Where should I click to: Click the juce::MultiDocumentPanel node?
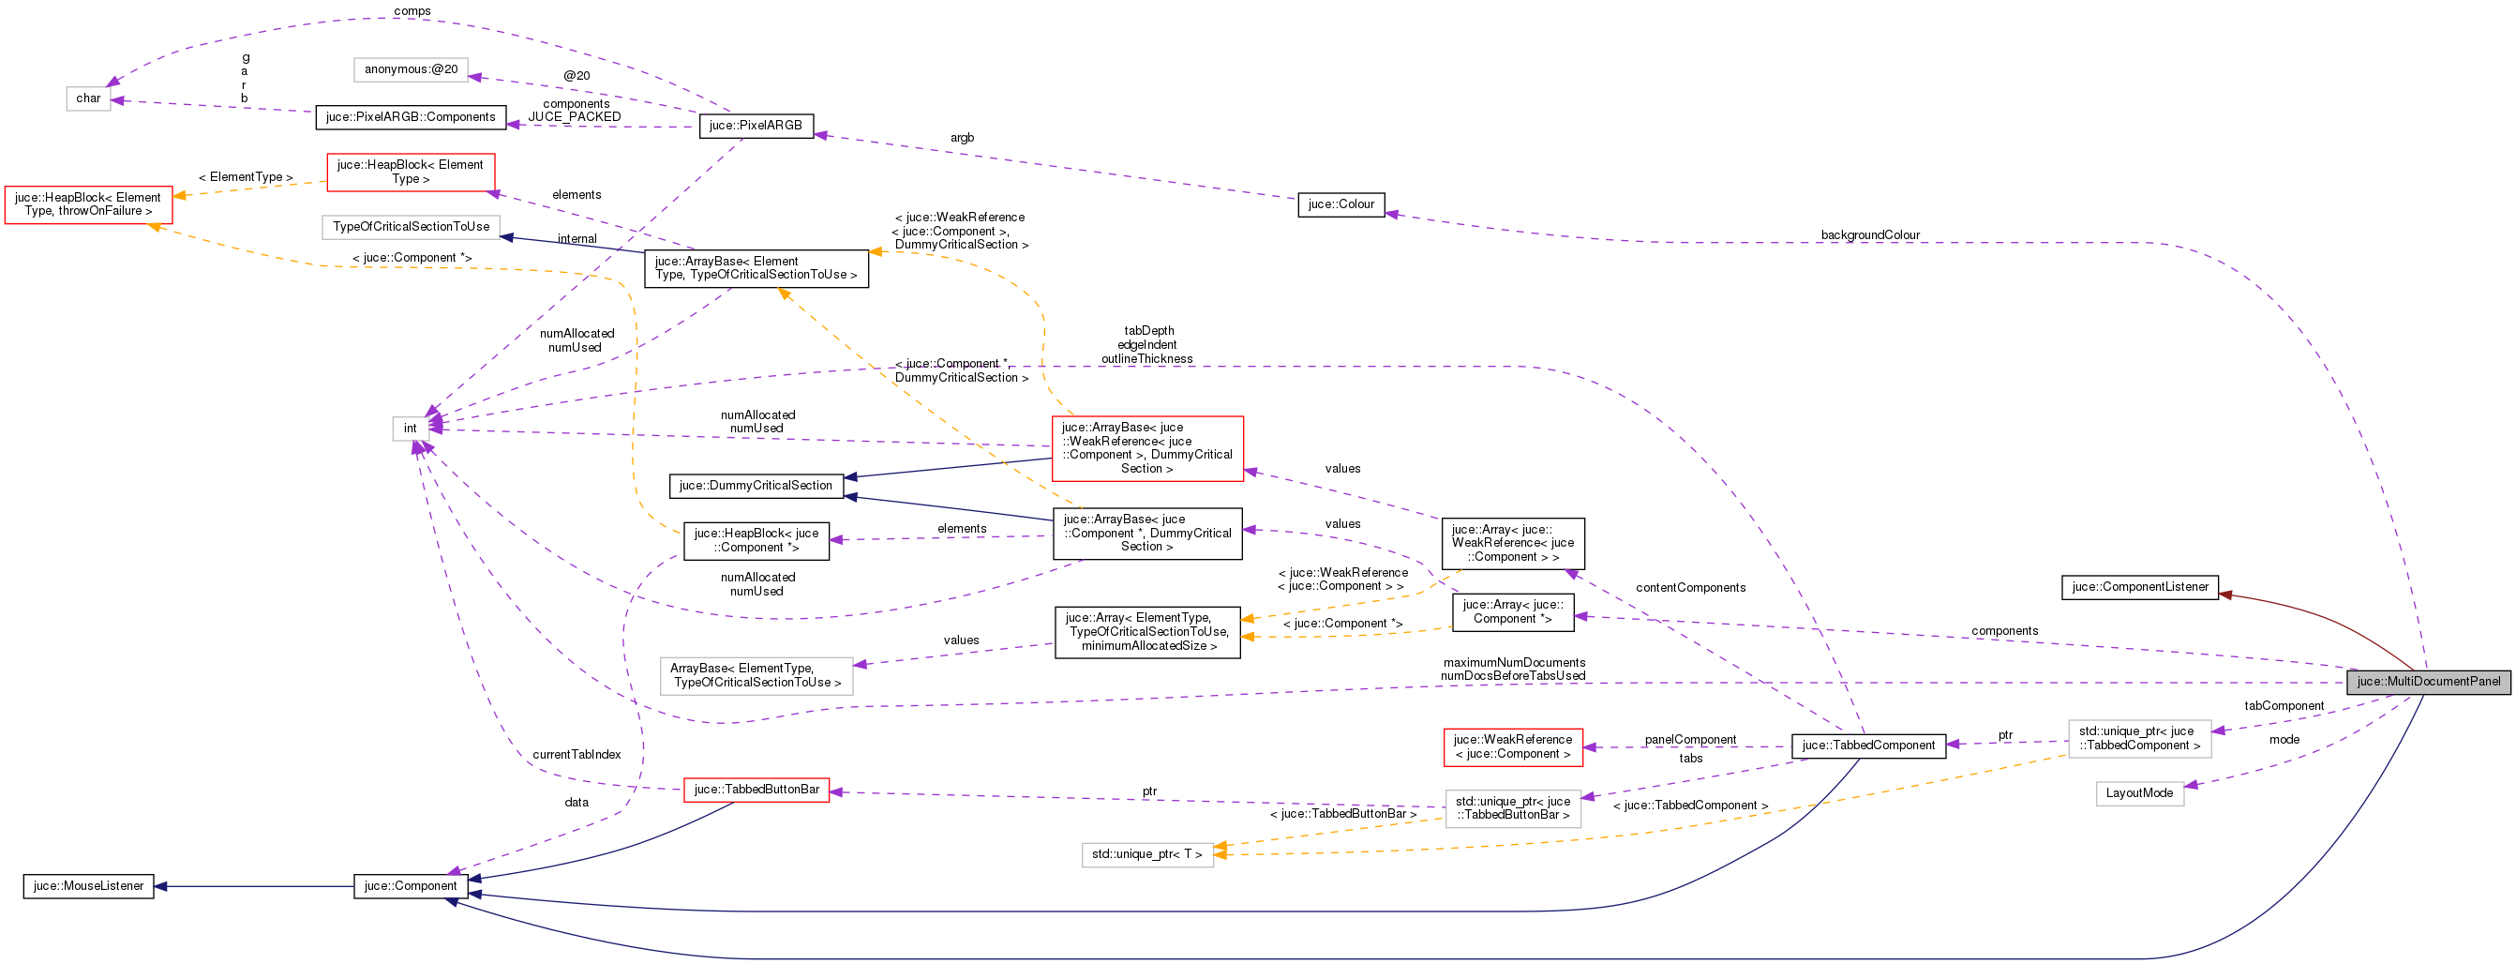click(x=2428, y=682)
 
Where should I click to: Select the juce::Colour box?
click(x=1340, y=204)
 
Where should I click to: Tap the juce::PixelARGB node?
click(x=755, y=125)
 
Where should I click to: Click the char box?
click(x=88, y=98)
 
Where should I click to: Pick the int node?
click(x=411, y=428)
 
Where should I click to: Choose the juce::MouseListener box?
click(x=88, y=886)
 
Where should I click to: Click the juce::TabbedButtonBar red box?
click(x=756, y=790)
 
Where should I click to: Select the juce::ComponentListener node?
click(x=2139, y=587)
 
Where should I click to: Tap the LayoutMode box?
click(x=2139, y=793)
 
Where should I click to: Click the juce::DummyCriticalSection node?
click(x=755, y=486)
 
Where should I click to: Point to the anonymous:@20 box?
click(x=411, y=69)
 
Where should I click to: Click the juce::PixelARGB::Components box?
click(x=411, y=117)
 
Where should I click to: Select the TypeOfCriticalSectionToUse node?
click(x=411, y=227)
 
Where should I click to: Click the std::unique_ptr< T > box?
click(x=1146, y=854)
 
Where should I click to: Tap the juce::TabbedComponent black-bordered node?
click(x=1867, y=746)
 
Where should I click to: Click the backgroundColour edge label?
click(x=1869, y=235)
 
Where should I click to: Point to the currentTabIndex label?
click(x=577, y=755)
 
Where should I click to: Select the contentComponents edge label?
click(x=1690, y=588)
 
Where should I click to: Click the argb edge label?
click(x=961, y=138)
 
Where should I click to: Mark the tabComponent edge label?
click(x=2284, y=706)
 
